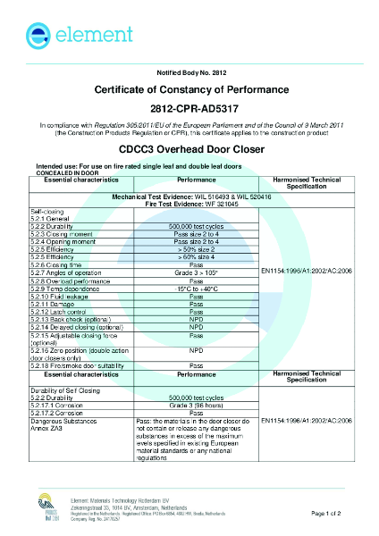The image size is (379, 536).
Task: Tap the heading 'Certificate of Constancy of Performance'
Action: point(189,90)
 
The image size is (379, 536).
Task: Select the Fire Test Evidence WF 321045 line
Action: point(189,205)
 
